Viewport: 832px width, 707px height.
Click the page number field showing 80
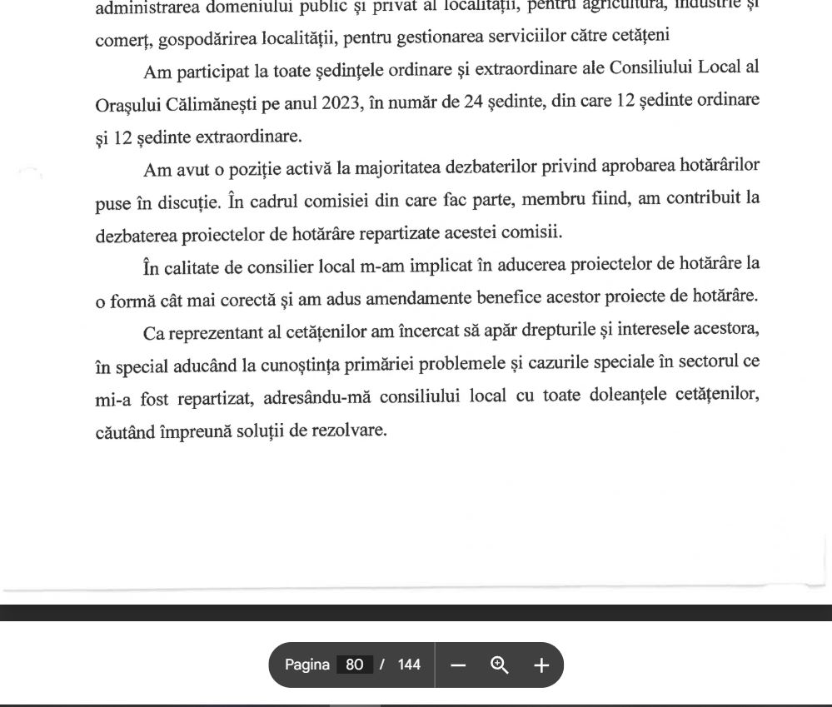coord(354,665)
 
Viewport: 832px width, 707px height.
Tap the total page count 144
coord(409,665)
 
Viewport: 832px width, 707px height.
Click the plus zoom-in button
coord(541,665)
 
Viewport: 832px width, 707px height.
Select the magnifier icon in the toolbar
coord(500,665)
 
